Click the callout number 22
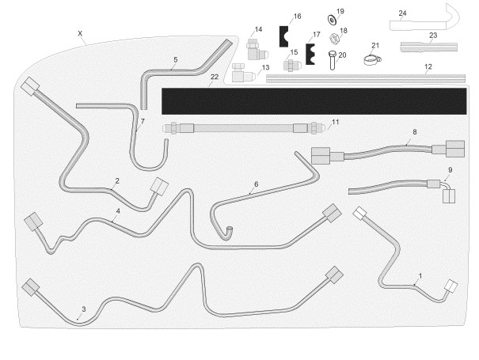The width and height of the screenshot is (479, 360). click(215, 77)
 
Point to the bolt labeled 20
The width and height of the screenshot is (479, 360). click(331, 61)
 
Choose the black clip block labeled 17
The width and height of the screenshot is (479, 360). click(311, 55)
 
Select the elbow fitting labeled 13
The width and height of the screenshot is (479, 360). click(242, 76)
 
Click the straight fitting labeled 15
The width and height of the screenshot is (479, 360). click(292, 63)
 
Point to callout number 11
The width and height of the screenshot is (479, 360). click(336, 122)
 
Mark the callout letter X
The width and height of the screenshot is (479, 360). click(80, 33)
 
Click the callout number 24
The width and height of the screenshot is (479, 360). click(403, 13)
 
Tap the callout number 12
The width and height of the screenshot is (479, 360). click(428, 66)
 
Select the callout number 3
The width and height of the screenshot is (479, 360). click(83, 309)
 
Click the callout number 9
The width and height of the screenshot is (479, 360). click(450, 169)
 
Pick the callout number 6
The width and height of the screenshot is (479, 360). click(256, 184)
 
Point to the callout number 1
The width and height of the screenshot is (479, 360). click(420, 275)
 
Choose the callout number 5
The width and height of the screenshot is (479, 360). click(175, 59)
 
